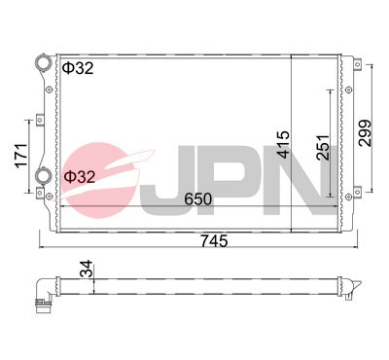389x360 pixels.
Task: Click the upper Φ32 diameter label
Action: [x=80, y=69]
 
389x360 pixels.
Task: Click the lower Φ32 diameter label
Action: [x=80, y=177]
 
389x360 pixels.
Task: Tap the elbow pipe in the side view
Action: [x=43, y=289]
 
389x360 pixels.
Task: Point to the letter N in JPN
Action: [x=297, y=179]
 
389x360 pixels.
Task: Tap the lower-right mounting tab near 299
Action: [x=348, y=191]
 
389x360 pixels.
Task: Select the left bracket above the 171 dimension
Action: [x=40, y=121]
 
